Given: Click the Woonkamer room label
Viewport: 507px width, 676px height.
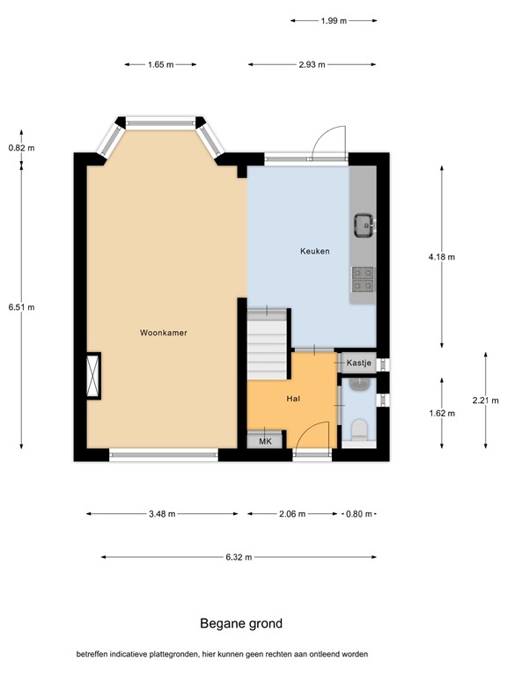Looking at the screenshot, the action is click(x=164, y=333).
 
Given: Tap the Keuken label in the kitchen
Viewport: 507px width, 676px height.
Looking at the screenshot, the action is click(x=315, y=251).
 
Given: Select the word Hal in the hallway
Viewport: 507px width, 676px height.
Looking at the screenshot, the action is click(x=293, y=399).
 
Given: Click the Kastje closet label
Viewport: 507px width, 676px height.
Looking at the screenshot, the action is click(x=359, y=363).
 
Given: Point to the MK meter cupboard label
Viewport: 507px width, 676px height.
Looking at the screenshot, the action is click(x=265, y=442).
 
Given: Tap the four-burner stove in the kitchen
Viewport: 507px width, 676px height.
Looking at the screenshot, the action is click(x=363, y=279).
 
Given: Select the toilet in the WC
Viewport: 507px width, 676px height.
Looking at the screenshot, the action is click(x=359, y=430).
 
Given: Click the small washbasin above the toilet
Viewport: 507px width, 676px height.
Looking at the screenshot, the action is click(x=358, y=384).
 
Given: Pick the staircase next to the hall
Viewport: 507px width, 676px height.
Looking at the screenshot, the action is click(x=268, y=344).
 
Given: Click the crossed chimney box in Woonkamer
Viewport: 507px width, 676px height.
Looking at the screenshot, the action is click(x=93, y=376).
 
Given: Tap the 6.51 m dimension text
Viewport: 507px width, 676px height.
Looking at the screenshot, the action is click(x=21, y=307).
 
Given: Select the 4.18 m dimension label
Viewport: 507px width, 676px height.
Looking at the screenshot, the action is click(x=442, y=257).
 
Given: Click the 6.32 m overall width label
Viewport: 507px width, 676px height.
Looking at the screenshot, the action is click(x=239, y=557).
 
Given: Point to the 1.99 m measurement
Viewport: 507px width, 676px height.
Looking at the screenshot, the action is click(x=334, y=21).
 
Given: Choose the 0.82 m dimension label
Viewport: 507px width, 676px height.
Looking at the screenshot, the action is click(x=21, y=148).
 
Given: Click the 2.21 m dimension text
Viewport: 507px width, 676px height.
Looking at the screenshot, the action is click(x=486, y=400).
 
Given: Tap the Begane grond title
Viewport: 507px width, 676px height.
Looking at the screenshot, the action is click(x=241, y=623).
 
